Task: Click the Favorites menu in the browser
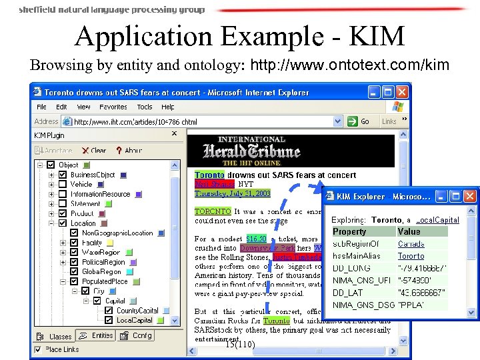coord(113,107)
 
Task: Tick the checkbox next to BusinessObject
coord(62,175)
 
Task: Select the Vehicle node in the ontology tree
coord(81,185)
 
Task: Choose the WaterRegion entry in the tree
coord(101,253)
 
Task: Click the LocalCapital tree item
coord(134,320)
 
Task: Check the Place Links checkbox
coord(38,349)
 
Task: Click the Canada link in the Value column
coord(411,244)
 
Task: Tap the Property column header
coord(350,231)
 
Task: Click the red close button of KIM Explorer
coord(470,196)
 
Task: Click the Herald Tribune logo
coord(251,150)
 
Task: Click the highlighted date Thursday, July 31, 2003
coord(233,193)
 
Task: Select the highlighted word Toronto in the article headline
coord(209,175)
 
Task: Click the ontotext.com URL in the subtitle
coord(355,65)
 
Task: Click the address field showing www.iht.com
coord(207,122)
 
